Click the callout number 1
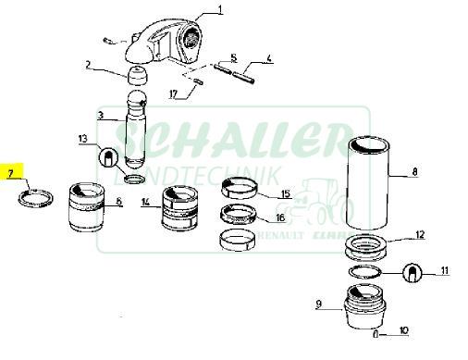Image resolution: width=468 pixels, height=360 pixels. click(221, 10)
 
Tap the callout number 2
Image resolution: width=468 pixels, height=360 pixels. click(88, 65)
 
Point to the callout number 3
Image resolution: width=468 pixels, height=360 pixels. click(100, 115)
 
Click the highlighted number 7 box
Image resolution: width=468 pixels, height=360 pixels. click(11, 173)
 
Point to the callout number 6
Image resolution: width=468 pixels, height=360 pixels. click(118, 201)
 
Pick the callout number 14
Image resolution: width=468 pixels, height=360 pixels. click(145, 202)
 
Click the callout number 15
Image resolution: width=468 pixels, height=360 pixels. click(285, 193)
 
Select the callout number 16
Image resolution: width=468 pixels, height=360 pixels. click(280, 218)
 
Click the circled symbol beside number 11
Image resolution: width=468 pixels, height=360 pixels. click(413, 272)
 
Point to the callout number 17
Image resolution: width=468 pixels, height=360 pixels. click(172, 93)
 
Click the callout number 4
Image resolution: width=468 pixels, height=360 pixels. click(270, 59)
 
